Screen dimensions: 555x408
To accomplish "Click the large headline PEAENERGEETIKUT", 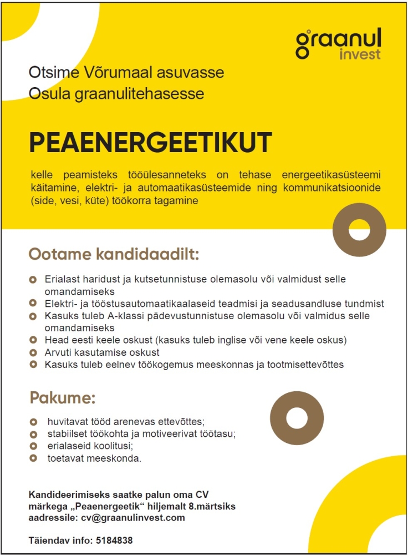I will pyautogui.click(x=151, y=143).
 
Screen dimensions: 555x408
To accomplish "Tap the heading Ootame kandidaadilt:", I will pyautogui.click(x=114, y=255).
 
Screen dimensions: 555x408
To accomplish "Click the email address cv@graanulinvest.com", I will pyautogui.click(x=132, y=518).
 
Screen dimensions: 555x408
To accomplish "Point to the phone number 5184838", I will pyautogui.click(x=114, y=540).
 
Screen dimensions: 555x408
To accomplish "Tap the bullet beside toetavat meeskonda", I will pyautogui.click(x=33, y=458).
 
